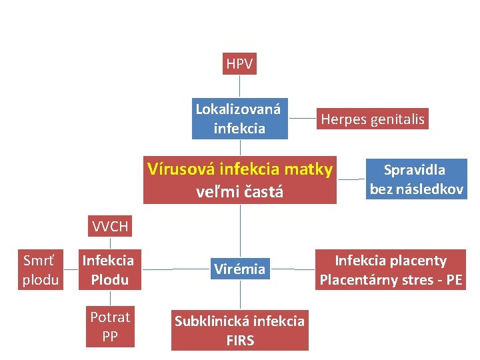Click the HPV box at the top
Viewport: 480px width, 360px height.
point(239,64)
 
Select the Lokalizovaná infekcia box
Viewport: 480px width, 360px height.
point(239,119)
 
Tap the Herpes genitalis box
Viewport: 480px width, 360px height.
point(373,119)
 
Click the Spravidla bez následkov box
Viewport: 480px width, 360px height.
point(416,179)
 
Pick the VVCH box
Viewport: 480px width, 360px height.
point(109,227)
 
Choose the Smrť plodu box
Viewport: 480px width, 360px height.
point(40,269)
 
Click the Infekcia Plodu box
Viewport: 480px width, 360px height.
point(109,269)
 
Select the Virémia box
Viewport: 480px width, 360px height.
point(239,269)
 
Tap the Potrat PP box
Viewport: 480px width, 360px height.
point(110,327)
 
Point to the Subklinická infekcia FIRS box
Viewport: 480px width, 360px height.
point(239,330)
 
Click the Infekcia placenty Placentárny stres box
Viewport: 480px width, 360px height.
point(391,269)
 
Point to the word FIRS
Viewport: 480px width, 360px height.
point(240,340)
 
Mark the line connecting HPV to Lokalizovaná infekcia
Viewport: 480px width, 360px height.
point(239,87)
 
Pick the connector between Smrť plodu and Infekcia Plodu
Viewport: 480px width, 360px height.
point(69,269)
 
